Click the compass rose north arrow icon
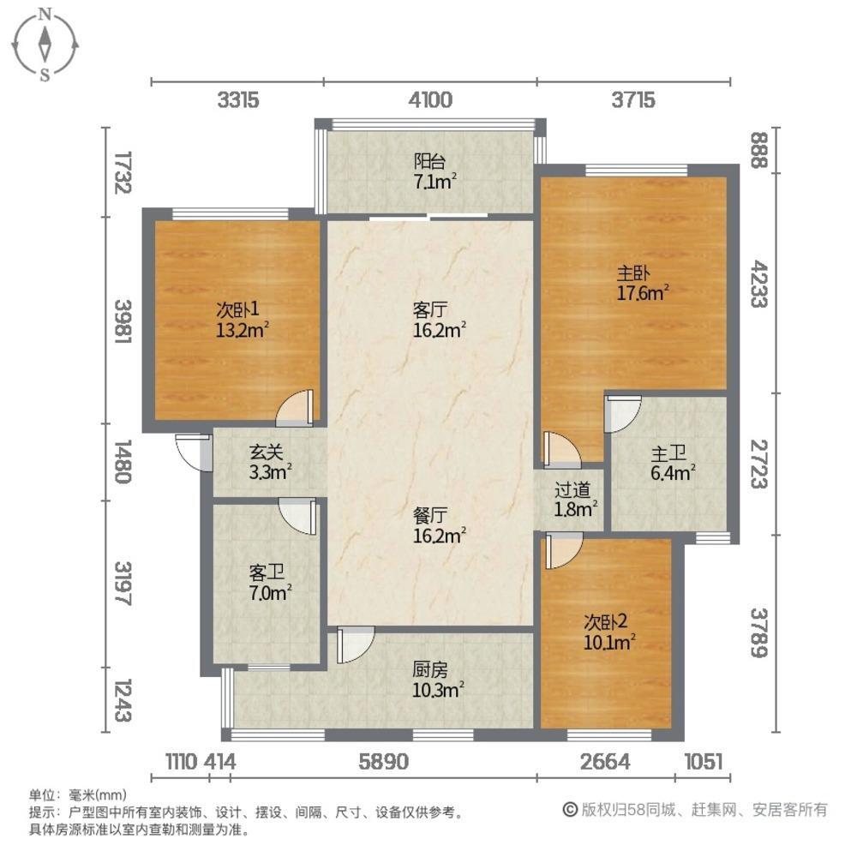[x=45, y=42]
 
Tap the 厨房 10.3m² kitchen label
[x=438, y=677]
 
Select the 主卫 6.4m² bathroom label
[x=669, y=460]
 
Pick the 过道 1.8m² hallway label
[x=573, y=500]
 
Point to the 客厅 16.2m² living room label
[x=440, y=318]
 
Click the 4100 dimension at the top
[x=430, y=100]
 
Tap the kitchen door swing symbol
[x=356, y=644]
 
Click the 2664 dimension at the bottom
[x=606, y=761]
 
